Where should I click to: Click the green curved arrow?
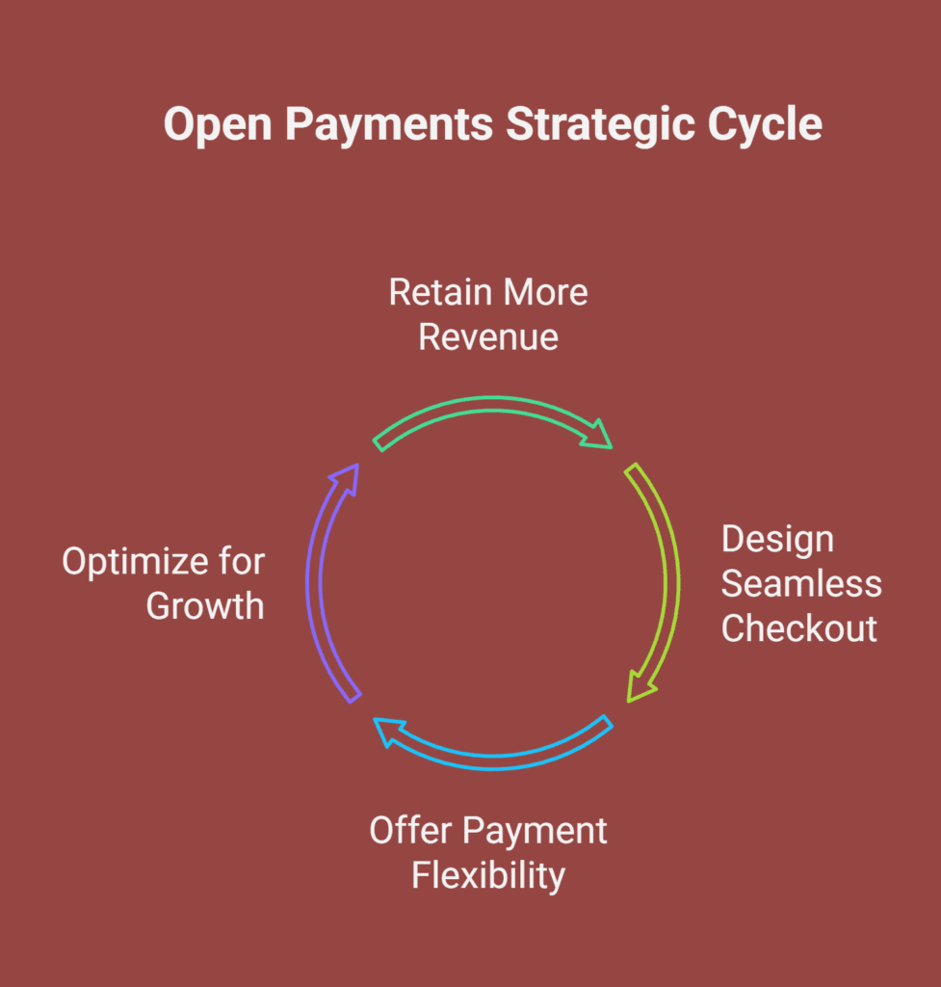coord(493,404)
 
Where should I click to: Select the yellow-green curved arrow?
coord(671,582)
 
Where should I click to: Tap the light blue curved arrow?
coord(493,761)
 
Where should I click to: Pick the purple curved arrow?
coord(314,582)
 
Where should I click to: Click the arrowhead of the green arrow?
coord(597,435)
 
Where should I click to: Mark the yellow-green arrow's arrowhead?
coord(640,687)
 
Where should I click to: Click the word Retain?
coord(440,293)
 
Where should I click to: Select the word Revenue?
coord(488,337)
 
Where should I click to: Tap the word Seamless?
coord(801,584)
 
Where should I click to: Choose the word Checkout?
coord(798,628)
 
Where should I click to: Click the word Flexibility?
coord(488,876)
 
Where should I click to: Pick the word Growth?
coord(205,606)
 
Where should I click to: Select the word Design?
coord(777,541)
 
